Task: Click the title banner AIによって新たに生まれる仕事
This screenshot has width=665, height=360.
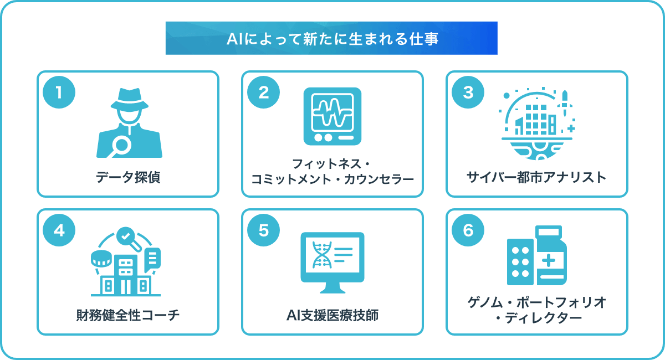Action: point(331,38)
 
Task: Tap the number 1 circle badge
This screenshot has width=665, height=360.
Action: point(59,92)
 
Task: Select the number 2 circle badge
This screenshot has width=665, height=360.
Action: point(263,92)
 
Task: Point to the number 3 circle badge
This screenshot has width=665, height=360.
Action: point(468,92)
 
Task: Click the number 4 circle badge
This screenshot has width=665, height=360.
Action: point(59,230)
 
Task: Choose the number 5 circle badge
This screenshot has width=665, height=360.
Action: point(263,230)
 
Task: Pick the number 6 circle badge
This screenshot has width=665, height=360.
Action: point(468,230)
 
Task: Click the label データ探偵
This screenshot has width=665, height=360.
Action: point(128,177)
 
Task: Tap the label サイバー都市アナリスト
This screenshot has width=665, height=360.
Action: point(536,177)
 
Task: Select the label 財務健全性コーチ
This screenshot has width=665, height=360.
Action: point(128,315)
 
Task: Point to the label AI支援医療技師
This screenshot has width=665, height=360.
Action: point(332,315)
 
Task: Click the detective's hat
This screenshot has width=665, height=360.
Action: point(130,99)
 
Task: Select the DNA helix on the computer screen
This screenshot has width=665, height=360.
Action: point(321,255)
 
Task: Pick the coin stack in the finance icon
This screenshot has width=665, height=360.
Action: point(101,259)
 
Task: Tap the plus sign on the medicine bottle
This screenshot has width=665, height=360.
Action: point(548,260)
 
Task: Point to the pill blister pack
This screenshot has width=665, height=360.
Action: point(520,262)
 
